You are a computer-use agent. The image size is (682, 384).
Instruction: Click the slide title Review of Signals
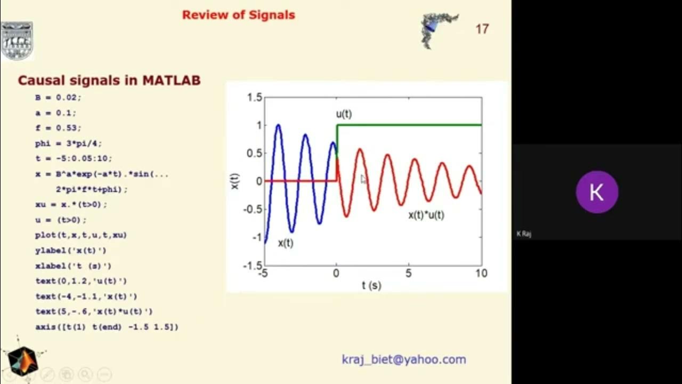coord(238,15)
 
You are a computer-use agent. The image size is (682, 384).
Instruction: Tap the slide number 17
coord(482,29)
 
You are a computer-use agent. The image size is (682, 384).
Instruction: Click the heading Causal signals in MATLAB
coord(109,81)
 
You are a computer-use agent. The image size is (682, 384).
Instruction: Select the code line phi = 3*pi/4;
coord(68,143)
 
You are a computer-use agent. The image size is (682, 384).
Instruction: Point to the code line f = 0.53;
coord(58,128)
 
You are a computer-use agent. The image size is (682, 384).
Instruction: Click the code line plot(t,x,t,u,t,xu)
coord(81,235)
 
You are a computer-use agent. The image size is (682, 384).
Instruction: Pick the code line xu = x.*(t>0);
coord(71,204)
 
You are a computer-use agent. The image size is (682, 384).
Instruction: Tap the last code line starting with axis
coord(107,326)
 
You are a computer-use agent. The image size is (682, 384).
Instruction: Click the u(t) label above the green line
coord(344,114)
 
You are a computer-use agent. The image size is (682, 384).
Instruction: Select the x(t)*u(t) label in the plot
coord(426,215)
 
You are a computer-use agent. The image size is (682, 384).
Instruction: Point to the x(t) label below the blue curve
coord(286,243)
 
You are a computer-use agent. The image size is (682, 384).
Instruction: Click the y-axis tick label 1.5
coord(255,98)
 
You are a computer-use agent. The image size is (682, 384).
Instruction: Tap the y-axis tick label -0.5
coord(253,209)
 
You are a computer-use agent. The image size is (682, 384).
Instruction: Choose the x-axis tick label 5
coord(409,274)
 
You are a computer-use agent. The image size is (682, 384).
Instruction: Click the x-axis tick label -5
coord(263,274)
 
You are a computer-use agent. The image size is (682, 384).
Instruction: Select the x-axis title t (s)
coord(371,285)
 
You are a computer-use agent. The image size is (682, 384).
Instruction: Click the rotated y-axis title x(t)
coord(235,181)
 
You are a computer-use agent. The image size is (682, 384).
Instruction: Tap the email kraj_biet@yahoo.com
coord(404,359)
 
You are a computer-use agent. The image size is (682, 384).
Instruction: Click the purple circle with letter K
coord(597,192)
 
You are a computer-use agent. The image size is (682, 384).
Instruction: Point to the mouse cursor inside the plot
coord(363,179)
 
